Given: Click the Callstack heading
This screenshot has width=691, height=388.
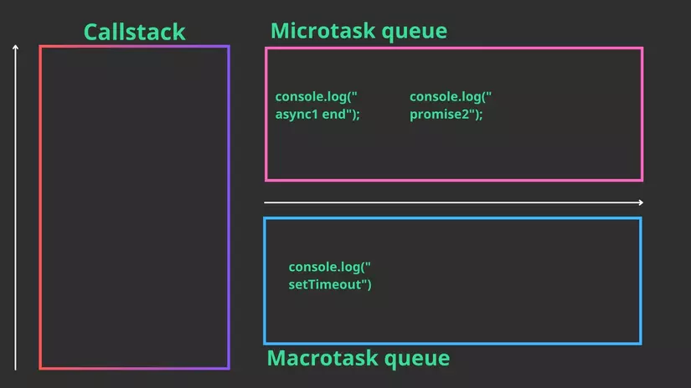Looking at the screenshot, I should (134, 32).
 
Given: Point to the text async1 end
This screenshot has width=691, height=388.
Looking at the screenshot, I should (317, 115).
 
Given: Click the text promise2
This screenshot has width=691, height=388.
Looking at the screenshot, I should (446, 115).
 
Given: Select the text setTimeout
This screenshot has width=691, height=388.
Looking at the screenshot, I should (329, 284).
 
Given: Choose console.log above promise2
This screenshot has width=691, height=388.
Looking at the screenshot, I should (450, 97).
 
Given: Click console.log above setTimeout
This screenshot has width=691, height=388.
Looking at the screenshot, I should (329, 267).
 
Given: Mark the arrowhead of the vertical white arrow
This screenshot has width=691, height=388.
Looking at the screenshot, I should (15, 48).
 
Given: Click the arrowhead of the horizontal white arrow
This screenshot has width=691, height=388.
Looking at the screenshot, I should (641, 202).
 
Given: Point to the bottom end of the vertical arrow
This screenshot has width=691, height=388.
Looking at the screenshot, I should (15, 368).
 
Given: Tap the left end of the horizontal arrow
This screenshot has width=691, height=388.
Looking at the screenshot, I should (266, 202).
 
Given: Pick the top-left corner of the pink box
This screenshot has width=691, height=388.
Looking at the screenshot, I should (266, 48).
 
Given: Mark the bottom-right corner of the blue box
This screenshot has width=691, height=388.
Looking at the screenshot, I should (641, 343).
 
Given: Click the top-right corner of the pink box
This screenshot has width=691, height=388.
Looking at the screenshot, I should (642, 48).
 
